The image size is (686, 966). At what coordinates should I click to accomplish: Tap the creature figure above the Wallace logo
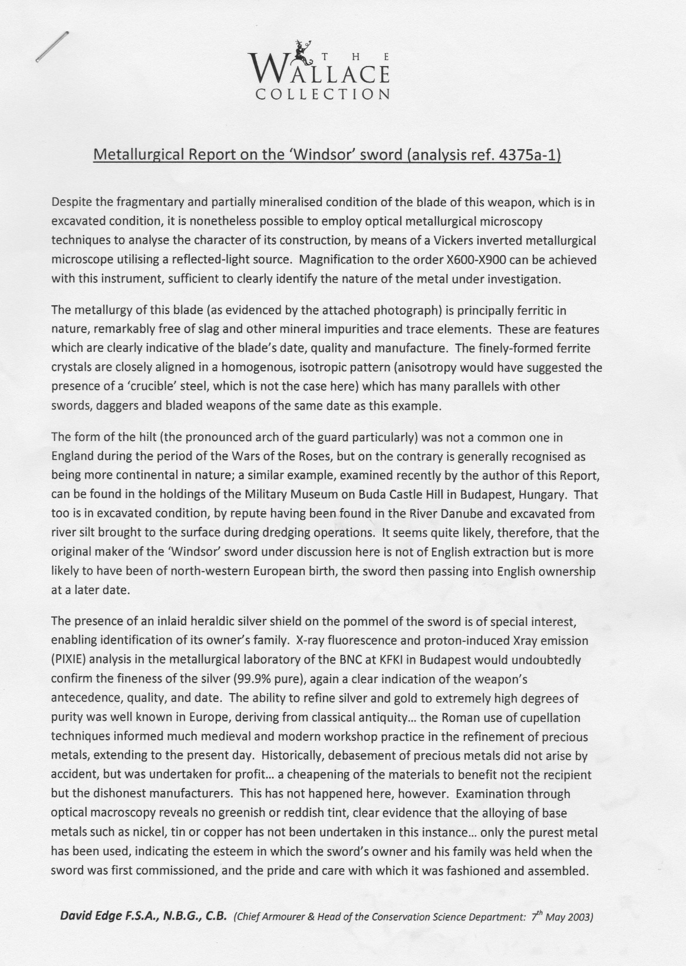(305, 51)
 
